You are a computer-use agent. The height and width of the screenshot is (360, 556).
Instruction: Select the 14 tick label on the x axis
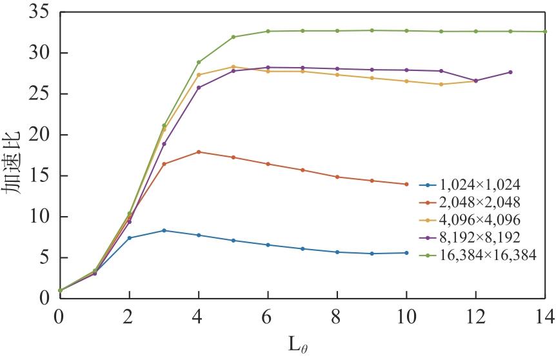pyautogui.click(x=546, y=315)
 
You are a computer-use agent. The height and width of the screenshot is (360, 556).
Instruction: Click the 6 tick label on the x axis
pyautogui.click(x=268, y=315)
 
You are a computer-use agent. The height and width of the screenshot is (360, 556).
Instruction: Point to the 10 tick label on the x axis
pyautogui.click(x=406, y=315)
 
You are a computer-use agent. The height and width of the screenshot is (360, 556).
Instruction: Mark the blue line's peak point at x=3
pyautogui.click(x=164, y=230)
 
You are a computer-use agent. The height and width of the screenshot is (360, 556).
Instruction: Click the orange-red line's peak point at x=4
pyautogui.click(x=199, y=152)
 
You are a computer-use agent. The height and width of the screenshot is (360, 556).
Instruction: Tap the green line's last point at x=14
pyautogui.click(x=545, y=32)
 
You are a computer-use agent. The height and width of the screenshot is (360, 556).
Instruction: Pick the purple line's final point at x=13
pyautogui.click(x=510, y=72)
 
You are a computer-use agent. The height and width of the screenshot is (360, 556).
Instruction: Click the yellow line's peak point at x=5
pyautogui.click(x=233, y=66)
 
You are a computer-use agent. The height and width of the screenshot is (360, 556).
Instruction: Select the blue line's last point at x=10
pyautogui.click(x=406, y=253)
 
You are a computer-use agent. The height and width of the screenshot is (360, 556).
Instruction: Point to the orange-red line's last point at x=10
pyautogui.click(x=406, y=185)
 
